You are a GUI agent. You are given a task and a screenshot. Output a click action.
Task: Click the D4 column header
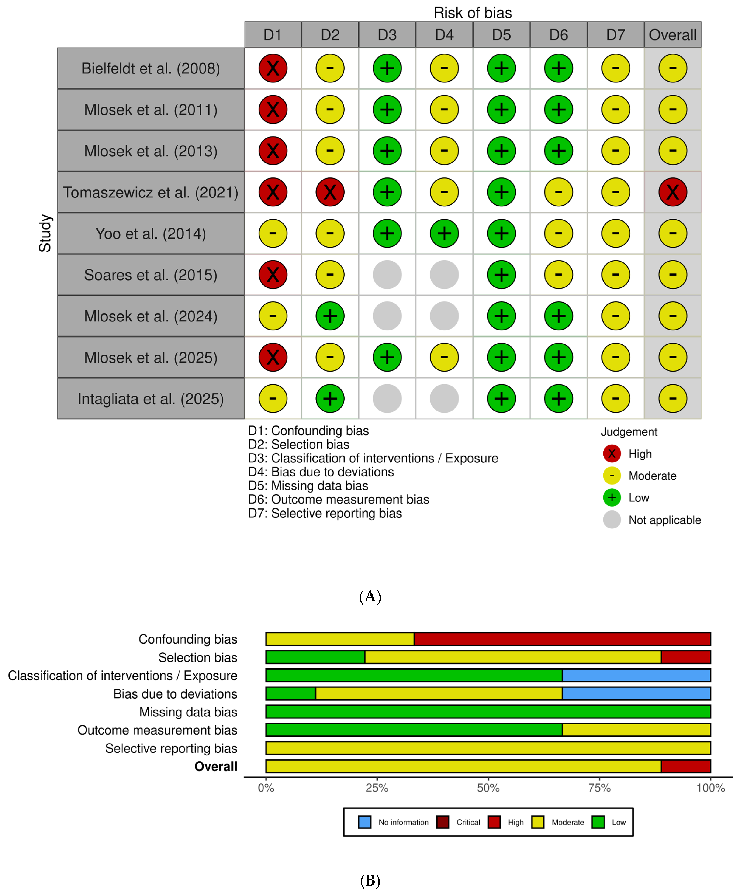click(x=444, y=35)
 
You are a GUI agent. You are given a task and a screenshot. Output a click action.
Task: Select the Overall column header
click(x=672, y=35)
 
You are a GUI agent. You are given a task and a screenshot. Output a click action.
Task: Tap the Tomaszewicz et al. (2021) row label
click(x=151, y=192)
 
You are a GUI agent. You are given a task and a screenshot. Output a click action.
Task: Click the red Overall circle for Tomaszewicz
click(x=672, y=192)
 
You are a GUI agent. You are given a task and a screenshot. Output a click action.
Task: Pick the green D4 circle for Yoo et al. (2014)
click(x=444, y=234)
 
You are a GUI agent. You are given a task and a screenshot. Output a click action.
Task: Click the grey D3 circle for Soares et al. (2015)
click(x=387, y=275)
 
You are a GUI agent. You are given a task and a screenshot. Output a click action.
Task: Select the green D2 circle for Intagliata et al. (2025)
click(x=330, y=399)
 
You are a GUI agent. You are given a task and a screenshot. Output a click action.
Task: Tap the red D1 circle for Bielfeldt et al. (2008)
click(x=273, y=68)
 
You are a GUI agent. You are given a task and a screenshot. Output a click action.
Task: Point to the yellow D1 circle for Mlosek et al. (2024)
click(x=273, y=316)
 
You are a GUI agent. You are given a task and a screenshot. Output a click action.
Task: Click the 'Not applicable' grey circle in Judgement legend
click(x=612, y=520)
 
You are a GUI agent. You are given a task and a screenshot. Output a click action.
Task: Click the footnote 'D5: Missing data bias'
click(x=308, y=486)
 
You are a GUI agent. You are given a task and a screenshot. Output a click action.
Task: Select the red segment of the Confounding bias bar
click(x=562, y=639)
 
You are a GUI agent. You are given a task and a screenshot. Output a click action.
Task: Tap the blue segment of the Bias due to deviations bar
click(x=636, y=694)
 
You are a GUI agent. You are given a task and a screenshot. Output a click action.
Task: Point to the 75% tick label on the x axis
click(x=599, y=788)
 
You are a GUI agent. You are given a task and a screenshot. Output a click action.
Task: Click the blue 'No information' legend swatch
click(x=364, y=822)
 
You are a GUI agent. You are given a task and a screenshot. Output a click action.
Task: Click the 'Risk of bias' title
click(x=473, y=13)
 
